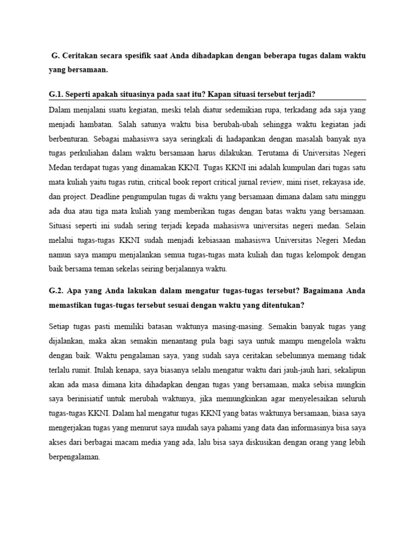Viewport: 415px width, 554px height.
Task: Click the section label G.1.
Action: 55,95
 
